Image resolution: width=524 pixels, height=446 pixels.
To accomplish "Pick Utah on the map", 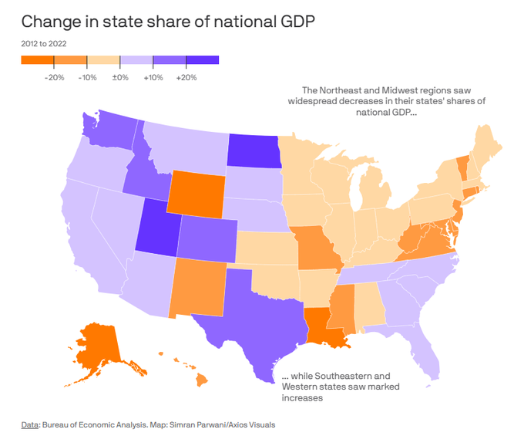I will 157,228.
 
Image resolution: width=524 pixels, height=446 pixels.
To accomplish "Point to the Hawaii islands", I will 196,375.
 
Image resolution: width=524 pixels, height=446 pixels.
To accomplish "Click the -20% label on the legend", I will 55,78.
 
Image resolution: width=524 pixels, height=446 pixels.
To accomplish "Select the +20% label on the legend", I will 186,78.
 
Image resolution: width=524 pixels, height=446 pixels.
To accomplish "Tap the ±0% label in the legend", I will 120,78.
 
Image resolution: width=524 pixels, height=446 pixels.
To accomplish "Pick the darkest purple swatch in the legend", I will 203,60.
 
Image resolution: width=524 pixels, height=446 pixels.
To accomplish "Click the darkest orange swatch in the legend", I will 38,60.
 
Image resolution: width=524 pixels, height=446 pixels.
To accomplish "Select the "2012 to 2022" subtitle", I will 43,43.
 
